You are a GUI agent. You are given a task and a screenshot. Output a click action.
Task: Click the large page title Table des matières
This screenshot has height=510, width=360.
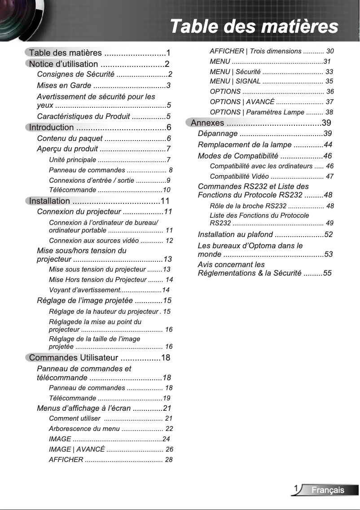(254, 26)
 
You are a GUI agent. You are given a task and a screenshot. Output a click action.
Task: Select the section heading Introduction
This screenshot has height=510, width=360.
(51, 127)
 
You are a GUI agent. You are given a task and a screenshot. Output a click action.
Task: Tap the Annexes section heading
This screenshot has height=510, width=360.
(207, 123)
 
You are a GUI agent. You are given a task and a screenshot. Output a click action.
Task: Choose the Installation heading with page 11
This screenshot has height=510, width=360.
(49, 201)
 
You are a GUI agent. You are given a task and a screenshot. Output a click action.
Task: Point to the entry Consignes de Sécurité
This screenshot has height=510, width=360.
(75, 74)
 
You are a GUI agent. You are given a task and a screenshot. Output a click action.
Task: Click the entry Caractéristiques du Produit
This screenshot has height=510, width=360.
(83, 117)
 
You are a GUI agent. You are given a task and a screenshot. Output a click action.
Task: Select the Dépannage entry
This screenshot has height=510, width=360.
(218, 134)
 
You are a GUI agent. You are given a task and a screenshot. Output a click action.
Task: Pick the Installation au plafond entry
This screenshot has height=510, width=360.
(235, 234)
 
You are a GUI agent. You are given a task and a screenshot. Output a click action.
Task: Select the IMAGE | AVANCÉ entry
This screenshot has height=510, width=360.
(77, 449)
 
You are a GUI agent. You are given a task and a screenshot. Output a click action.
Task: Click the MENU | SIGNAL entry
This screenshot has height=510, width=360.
(235, 81)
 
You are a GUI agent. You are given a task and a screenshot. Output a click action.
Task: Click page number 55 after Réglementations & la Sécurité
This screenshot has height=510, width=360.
(328, 273)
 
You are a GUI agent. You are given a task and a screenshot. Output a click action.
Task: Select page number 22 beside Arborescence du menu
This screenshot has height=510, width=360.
(169, 429)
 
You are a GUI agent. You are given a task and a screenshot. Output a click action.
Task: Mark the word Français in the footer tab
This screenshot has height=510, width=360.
(328, 490)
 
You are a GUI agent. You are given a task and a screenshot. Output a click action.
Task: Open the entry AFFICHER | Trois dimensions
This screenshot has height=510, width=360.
(255, 51)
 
